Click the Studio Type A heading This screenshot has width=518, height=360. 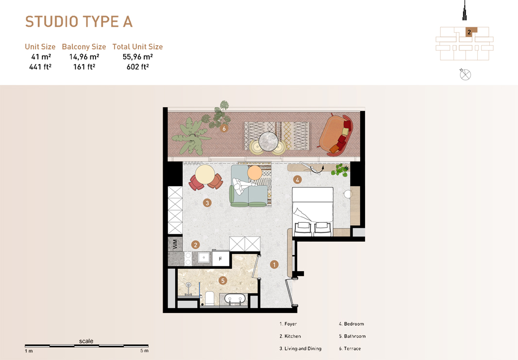(79, 22)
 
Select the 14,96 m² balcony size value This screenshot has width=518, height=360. (84, 57)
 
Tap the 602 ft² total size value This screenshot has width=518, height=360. (137, 67)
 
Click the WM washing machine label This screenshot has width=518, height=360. (175, 244)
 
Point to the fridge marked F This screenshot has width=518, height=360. (220, 259)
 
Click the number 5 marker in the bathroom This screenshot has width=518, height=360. (223, 280)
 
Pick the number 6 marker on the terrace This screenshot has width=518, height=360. (224, 129)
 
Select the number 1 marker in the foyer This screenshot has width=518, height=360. (274, 264)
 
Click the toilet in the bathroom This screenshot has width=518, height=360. (210, 297)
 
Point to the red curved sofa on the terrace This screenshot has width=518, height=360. (334, 133)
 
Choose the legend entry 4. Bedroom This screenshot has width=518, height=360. (351, 324)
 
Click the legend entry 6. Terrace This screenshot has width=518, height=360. (350, 348)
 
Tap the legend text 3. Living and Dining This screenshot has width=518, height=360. (300, 348)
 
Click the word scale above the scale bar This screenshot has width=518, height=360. (86, 341)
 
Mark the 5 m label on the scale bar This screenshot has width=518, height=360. (144, 351)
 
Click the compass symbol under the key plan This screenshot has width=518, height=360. (465, 75)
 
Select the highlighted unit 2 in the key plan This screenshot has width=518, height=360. (469, 33)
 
